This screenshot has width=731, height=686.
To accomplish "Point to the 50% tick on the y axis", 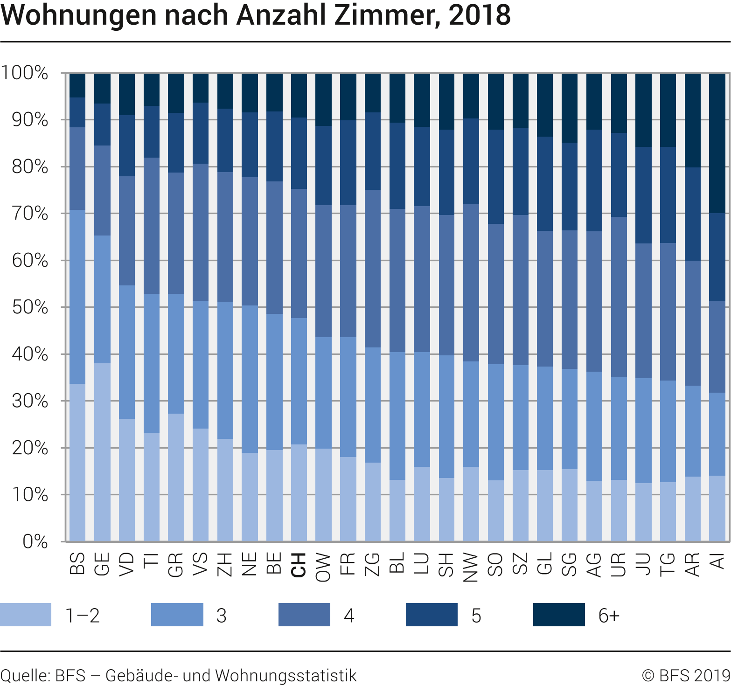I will click(x=30, y=307).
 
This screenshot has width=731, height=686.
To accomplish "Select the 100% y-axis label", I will click(x=24, y=73).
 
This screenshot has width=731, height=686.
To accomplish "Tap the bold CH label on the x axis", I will click(x=299, y=565).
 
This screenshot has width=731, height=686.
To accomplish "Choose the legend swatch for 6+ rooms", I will click(x=558, y=615).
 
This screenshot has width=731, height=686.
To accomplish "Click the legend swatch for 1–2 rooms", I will click(x=26, y=615).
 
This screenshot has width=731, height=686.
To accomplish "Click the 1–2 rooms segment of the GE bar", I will click(x=102, y=452).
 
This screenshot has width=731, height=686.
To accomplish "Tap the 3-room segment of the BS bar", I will click(x=77, y=297).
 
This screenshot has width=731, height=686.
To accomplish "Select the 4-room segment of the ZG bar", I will click(x=372, y=268).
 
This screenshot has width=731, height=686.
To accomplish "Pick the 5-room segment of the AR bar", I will click(x=692, y=214).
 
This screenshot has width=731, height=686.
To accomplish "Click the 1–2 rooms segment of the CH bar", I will click(x=299, y=492).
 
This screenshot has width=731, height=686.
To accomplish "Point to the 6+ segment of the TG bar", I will click(x=668, y=110).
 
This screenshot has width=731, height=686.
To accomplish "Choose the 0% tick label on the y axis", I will click(x=35, y=541).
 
